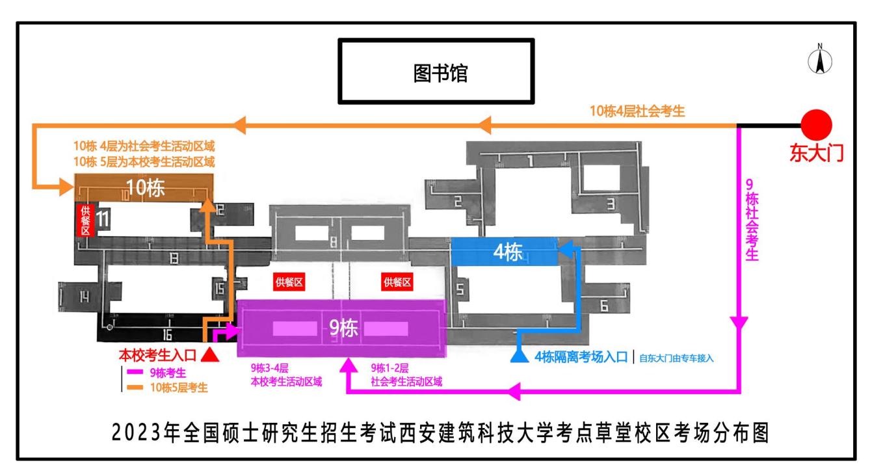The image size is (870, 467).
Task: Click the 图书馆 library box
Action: tap(436, 72)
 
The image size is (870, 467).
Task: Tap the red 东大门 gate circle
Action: tap(817, 125)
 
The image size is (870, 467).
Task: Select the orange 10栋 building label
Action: tap(146, 188)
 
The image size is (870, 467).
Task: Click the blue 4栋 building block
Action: tap(504, 252)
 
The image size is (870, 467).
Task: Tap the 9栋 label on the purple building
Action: tap(343, 328)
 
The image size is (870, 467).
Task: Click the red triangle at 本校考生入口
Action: tap(210, 354)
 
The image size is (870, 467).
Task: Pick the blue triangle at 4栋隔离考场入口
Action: tap(520, 356)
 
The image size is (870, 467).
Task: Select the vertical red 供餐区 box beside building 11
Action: tap(85, 220)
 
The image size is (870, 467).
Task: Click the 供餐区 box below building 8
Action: tap(289, 282)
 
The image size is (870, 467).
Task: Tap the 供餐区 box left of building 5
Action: tap(397, 282)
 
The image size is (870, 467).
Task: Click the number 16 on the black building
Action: tap(167, 334)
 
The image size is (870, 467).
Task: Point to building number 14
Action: tap(85, 297)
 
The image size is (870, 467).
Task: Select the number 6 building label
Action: tap(604, 306)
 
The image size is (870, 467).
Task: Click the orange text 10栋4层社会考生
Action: tap(637, 111)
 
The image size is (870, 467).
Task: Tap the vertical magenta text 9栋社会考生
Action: tap(752, 219)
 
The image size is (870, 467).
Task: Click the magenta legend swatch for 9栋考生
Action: tap(135, 372)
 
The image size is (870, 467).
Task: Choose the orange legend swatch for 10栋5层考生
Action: tap(135, 388)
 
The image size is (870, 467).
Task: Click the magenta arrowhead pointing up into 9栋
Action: tap(349, 365)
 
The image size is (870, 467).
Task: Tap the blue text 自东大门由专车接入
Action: tap(677, 358)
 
